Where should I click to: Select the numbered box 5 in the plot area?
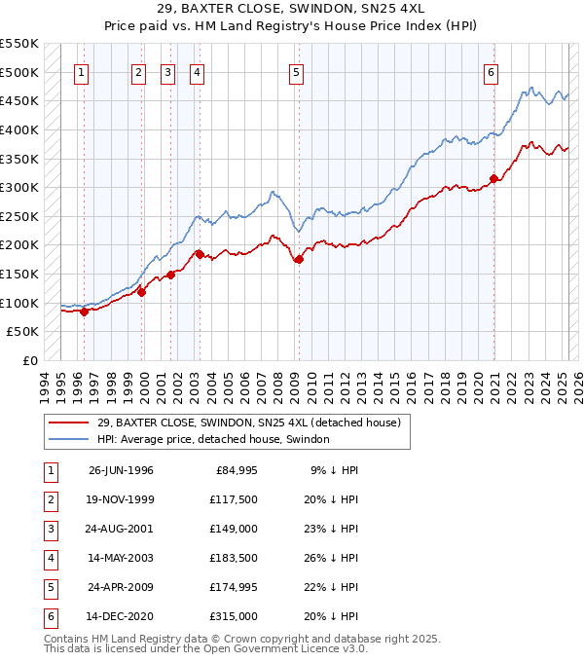[295, 71]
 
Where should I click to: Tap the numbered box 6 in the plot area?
[492, 71]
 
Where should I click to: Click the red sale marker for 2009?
[299, 259]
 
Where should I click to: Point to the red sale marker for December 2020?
[493, 178]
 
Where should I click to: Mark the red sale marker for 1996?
[85, 312]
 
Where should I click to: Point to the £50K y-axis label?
[23, 332]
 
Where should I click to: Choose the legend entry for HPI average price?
[213, 439]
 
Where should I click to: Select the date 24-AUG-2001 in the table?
[121, 529]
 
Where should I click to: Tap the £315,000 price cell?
[235, 616]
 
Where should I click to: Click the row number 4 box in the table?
[50, 559]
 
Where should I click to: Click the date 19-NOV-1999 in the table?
[121, 500]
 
